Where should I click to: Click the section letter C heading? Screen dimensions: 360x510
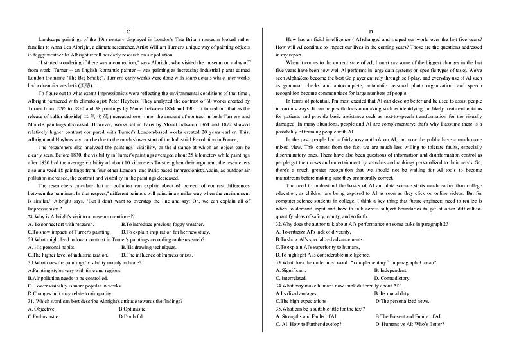pyautogui.click(x=128, y=31)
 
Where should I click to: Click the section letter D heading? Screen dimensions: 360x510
pyautogui.click(x=371, y=31)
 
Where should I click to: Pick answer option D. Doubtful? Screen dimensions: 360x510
pyautogui.click(x=132, y=316)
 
